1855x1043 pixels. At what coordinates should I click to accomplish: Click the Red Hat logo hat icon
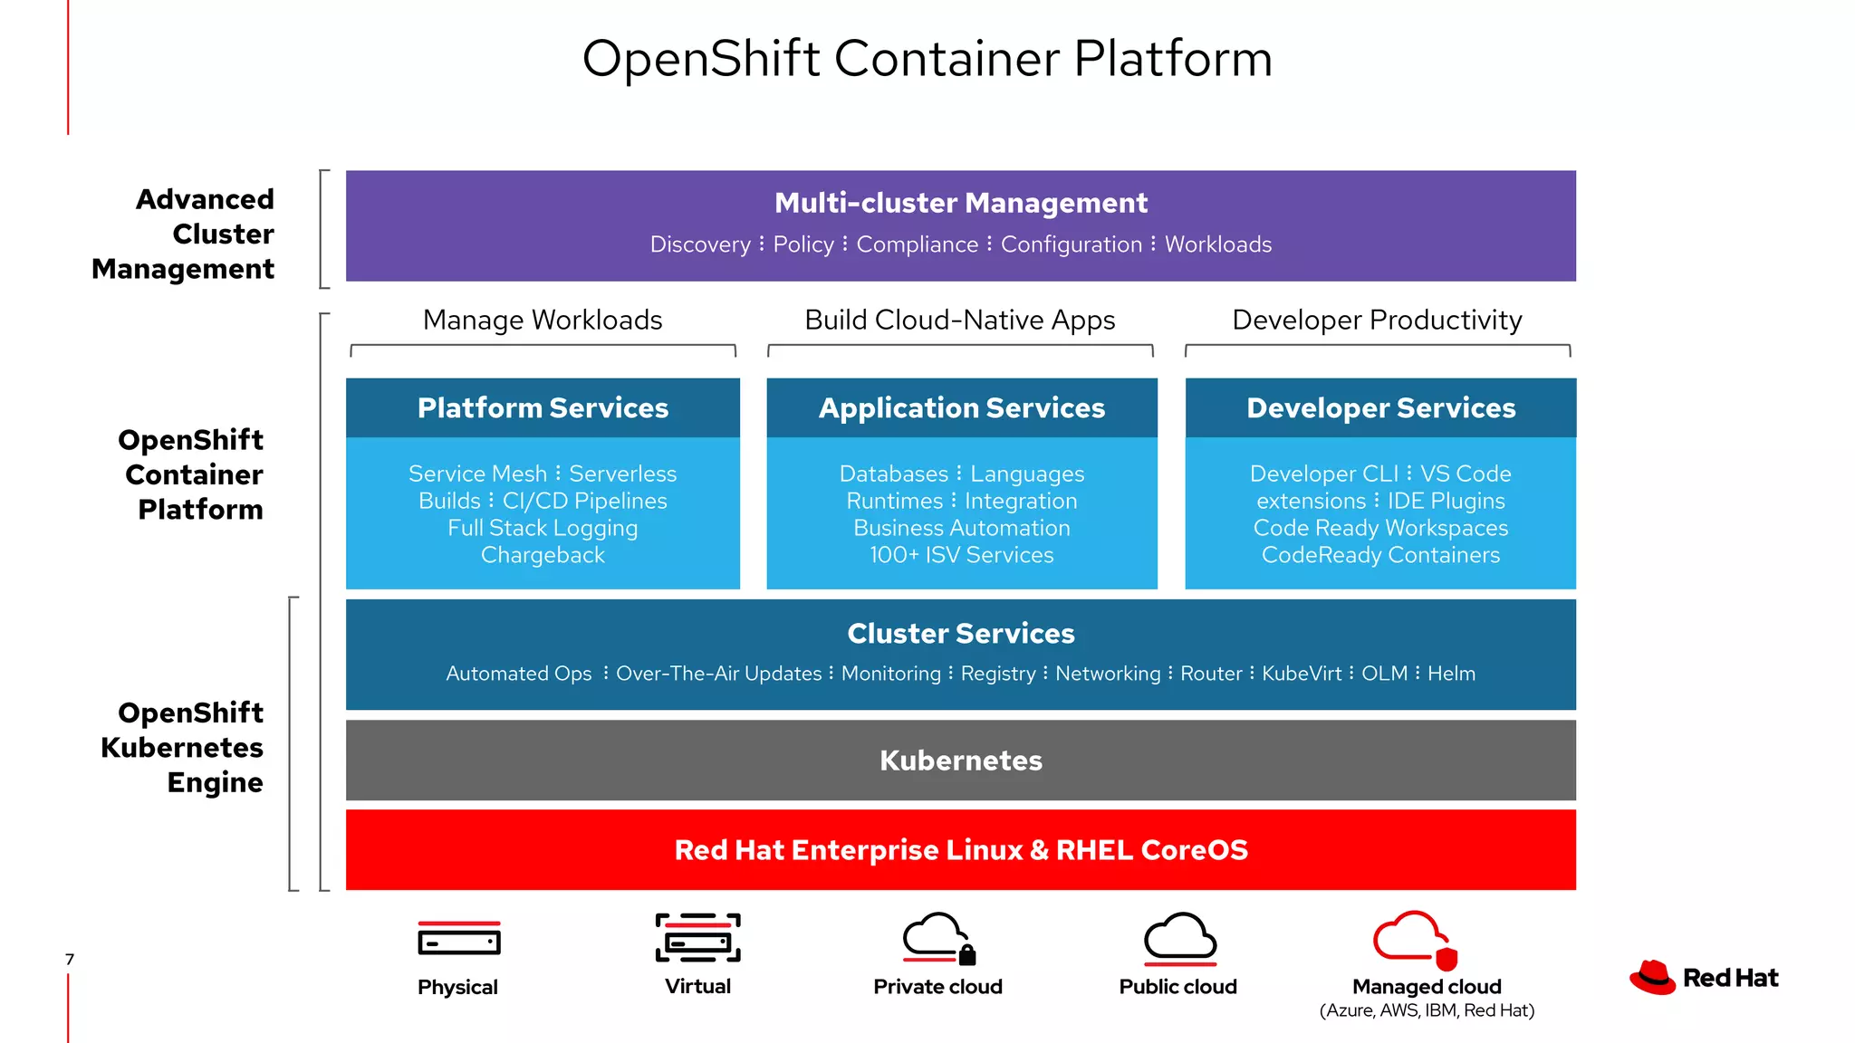pos(1653,978)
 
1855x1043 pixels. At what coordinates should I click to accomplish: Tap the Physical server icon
pos(458,940)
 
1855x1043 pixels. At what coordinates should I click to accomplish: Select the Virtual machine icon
pos(697,938)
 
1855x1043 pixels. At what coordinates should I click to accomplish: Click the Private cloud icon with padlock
pos(938,938)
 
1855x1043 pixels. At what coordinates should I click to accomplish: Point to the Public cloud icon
pos(1179,938)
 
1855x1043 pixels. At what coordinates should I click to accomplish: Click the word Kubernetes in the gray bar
pos(961,761)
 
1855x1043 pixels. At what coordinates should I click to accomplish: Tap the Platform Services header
pos(543,408)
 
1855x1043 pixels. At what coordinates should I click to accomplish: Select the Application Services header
pos(962,408)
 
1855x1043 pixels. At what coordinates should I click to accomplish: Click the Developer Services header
pos(1380,408)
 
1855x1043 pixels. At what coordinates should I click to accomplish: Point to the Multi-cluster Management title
pos(961,203)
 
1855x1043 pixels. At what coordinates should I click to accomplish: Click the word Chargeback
pos(543,555)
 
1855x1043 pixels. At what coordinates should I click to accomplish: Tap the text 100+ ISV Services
pos(962,555)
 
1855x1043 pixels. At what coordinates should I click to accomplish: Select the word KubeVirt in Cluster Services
pos(1302,674)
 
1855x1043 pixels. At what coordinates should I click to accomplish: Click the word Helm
pos(1451,674)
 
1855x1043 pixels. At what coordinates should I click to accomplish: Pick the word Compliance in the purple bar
pos(917,244)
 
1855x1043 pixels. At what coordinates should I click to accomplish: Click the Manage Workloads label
pos(543,320)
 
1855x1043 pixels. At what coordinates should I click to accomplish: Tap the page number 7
pos(70,960)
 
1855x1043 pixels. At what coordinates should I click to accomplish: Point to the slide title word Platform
pos(1173,59)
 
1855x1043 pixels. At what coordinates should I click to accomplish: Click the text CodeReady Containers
pos(1380,555)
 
